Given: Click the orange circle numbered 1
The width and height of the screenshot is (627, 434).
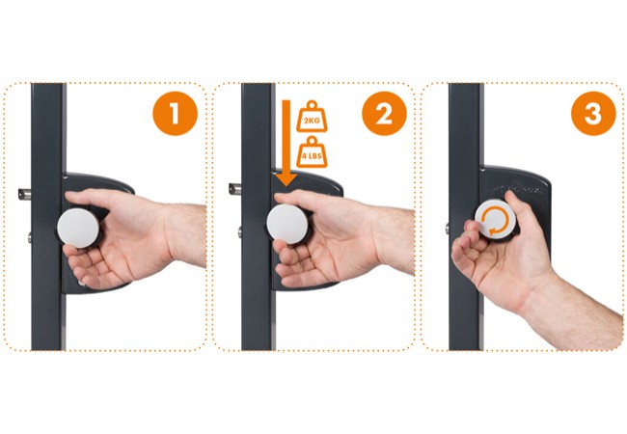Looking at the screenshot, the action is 175,114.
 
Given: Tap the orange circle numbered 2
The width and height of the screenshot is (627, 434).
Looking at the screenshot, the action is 384,114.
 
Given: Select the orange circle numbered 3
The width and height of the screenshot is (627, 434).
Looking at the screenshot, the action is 593,114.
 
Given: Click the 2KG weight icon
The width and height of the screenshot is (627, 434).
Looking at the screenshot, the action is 312,117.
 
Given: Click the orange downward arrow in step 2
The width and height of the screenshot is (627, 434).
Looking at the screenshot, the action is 286,143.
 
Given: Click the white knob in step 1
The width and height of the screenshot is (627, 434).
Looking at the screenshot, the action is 77,229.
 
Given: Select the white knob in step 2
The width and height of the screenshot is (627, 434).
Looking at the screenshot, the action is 287,224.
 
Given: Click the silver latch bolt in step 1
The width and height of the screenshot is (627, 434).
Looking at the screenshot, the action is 24,194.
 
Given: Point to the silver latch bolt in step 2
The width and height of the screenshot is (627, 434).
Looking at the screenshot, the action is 235,189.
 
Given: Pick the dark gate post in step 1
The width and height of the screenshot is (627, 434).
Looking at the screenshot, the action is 48,217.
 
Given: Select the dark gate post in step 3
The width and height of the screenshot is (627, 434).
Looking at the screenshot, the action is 466,217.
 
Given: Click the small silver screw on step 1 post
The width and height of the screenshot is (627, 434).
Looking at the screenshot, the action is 30,238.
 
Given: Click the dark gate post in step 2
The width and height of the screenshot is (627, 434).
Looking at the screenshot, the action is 258,217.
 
